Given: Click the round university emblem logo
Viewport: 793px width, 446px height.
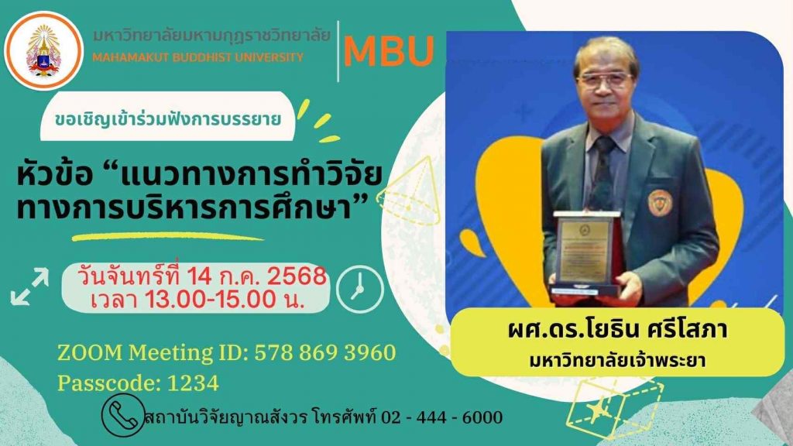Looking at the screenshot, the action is click(43, 50).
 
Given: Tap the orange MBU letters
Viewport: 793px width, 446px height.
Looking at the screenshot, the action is click(389, 51).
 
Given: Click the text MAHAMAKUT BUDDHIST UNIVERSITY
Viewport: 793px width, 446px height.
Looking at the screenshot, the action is click(197, 57).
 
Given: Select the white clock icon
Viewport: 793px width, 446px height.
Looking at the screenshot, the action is click(359, 290).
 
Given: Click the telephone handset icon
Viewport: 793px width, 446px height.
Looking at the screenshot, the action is click(123, 415).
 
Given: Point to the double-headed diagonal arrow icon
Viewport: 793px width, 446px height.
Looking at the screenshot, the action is click(30, 286).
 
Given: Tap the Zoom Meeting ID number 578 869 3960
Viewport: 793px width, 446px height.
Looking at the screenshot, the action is click(325, 352).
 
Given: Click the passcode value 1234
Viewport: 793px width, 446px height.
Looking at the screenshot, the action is click(193, 383).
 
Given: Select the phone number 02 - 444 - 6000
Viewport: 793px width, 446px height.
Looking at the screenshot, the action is click(442, 417).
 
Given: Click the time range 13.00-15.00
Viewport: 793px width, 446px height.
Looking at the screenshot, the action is click(211, 300).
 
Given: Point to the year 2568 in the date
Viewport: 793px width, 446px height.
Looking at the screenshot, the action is click(297, 276).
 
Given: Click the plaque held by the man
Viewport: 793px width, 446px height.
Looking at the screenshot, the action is click(585, 254).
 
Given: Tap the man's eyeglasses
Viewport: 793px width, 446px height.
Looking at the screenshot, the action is click(604, 80).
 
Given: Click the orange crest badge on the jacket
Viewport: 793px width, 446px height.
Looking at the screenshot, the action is click(660, 202).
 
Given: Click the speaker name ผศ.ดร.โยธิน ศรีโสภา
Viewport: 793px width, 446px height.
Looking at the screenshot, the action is click(617, 329).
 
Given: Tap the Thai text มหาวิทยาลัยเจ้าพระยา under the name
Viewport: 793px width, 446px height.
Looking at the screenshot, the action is click(617, 361).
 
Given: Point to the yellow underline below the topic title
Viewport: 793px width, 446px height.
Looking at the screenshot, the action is click(167, 236).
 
